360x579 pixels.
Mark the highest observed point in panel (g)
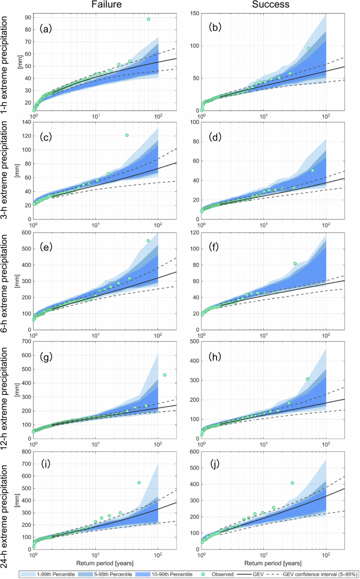(164, 375)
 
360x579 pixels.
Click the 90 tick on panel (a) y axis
(27, 17)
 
